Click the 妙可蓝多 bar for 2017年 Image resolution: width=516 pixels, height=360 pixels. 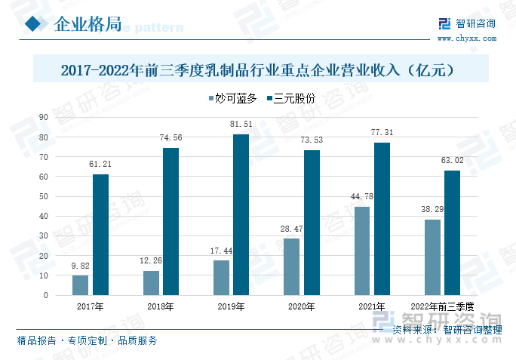tap(81, 285)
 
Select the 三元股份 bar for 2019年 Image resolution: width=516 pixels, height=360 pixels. tap(241, 214)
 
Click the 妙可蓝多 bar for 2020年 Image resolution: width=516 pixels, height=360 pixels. tap(291, 266)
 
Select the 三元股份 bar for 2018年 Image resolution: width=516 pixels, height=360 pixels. tap(171, 221)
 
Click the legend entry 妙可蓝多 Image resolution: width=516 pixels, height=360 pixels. tap(232, 98)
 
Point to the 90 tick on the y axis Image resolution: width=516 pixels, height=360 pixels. tap(43, 117)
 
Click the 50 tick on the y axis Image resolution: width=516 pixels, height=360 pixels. tap(43, 196)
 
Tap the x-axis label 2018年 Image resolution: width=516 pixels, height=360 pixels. tap(161, 306)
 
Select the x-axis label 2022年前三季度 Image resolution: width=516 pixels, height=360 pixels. tap(442, 306)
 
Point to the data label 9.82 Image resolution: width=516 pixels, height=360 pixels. tap(81, 265)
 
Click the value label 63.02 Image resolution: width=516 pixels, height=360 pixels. tap(453, 160)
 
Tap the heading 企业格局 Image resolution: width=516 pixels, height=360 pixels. tap(88, 24)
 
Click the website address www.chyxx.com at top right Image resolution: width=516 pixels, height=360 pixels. tap(466, 37)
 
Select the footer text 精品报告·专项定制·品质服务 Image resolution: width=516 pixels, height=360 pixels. tap(88, 340)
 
